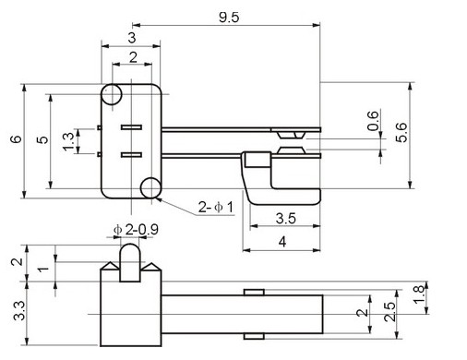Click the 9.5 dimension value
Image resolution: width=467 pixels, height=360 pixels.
pyautogui.click(x=229, y=18)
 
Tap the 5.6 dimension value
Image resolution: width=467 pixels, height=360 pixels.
pyautogui.click(x=401, y=132)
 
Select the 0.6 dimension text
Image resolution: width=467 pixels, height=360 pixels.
pyautogui.click(x=373, y=121)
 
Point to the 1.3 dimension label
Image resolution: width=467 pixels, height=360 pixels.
pyautogui.click(x=68, y=141)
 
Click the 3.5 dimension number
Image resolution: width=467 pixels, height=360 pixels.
pyautogui.click(x=286, y=218)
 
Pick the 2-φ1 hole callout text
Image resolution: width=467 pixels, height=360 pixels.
pyautogui.click(x=216, y=207)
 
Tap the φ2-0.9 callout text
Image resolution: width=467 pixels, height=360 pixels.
pyautogui.click(x=136, y=229)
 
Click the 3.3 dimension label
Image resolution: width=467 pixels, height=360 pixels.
pyautogui.click(x=19, y=311)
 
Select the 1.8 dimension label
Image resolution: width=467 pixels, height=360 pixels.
pyautogui.click(x=419, y=294)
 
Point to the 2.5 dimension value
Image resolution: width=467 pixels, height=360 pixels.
pyautogui.click(x=389, y=312)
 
